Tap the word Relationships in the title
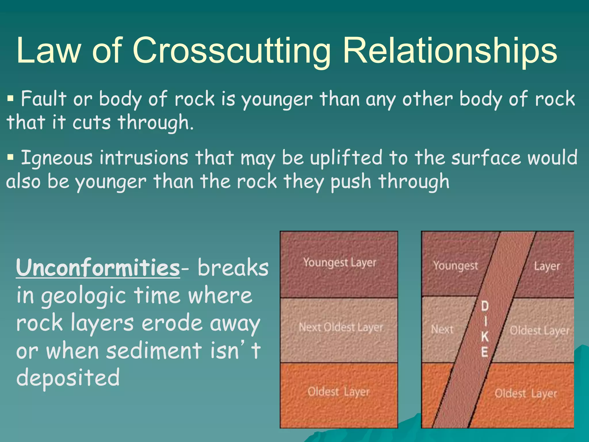tap(450, 51)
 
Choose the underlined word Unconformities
tap(98, 268)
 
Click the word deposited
tap(68, 378)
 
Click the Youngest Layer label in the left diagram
tap(340, 263)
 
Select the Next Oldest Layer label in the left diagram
tap(341, 327)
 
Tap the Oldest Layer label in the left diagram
tap(338, 392)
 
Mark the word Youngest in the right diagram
tap(456, 266)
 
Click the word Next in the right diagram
tap(442, 329)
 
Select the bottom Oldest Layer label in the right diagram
tap(526, 393)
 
